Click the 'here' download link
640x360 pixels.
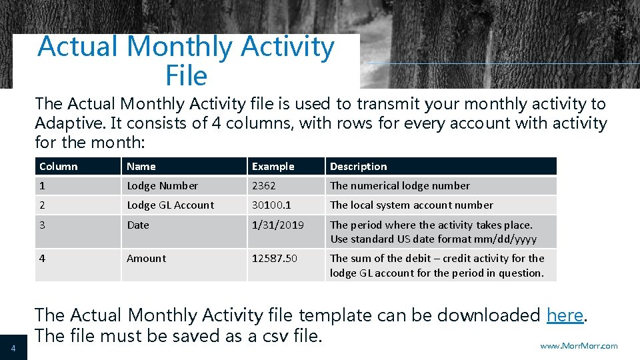pos(565,315)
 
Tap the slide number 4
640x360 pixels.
pos(13,347)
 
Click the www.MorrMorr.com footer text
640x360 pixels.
pos(579,345)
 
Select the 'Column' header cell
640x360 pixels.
pos(59,167)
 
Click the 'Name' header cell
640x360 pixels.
pos(141,167)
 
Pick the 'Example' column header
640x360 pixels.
pos(273,167)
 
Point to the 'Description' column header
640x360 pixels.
pos(359,167)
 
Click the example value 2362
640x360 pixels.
pos(263,186)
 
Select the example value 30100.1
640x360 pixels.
pos(271,205)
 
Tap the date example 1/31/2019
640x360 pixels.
pos(277,225)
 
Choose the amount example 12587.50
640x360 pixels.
pos(275,259)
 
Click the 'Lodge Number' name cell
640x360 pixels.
pos(162,186)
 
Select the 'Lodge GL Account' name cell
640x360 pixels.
pos(170,205)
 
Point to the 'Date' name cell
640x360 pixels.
pos(138,225)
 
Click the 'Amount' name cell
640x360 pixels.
pos(147,259)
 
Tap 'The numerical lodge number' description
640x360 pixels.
pos(400,186)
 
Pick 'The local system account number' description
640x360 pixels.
pos(411,205)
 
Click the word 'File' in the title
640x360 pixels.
pos(187,76)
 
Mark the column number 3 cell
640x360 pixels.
pos(43,225)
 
